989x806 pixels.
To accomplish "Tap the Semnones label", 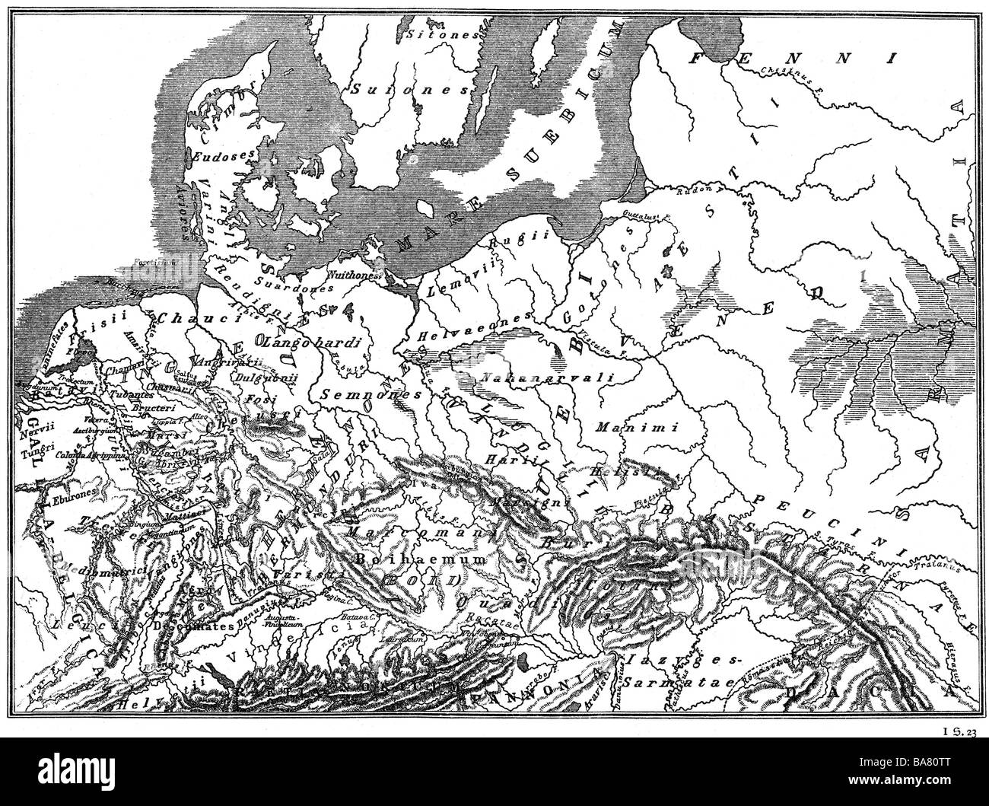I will (360, 395).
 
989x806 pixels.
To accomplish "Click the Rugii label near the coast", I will (513, 243).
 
